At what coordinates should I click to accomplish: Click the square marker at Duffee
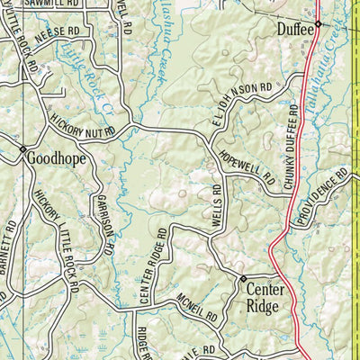pyautogui.click(x=318, y=23)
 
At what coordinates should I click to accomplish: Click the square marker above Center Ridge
pyautogui.click(x=242, y=278)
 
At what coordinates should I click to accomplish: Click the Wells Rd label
pyautogui.click(x=217, y=205)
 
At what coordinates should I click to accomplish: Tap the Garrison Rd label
pyautogui.click(x=104, y=217)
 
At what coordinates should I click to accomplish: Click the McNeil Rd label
pyautogui.click(x=198, y=309)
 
